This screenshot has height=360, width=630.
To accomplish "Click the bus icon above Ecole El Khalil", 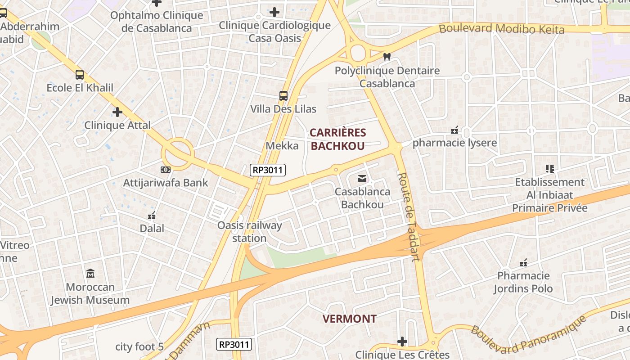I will pyautogui.click(x=80, y=75).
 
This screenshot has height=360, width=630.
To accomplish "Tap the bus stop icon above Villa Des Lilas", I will pyautogui.click(x=283, y=96).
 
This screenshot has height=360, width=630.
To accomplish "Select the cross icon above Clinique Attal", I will pyautogui.click(x=117, y=112).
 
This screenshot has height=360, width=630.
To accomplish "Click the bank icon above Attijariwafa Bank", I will pyautogui.click(x=165, y=170).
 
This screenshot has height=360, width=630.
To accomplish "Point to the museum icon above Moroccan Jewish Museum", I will pyautogui.click(x=90, y=274).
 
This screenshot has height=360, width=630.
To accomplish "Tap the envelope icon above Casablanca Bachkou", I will pyautogui.click(x=362, y=179).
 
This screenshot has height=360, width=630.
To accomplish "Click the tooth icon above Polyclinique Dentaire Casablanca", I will pyautogui.click(x=386, y=57).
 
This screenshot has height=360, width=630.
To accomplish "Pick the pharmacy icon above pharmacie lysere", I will pyautogui.click(x=454, y=130).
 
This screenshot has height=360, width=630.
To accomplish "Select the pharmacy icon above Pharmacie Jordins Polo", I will pyautogui.click(x=523, y=262).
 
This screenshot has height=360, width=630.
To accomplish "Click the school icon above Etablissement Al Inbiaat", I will pyautogui.click(x=549, y=169).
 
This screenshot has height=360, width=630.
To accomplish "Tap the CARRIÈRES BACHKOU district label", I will pyautogui.click(x=337, y=139).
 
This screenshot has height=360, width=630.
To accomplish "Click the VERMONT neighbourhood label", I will pyautogui.click(x=349, y=319).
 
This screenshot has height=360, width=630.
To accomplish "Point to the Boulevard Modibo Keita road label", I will pyautogui.click(x=501, y=29).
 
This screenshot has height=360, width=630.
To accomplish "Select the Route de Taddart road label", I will pyautogui.click(x=409, y=216).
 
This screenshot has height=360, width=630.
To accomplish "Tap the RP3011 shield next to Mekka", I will pyautogui.click(x=268, y=170).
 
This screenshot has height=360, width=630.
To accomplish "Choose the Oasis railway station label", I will pyautogui.click(x=249, y=232).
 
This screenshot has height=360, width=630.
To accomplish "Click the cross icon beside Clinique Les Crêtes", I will pyautogui.click(x=402, y=342).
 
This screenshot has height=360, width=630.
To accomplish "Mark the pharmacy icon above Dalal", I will pyautogui.click(x=152, y=216).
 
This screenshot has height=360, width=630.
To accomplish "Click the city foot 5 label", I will pyautogui.click(x=139, y=346).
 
